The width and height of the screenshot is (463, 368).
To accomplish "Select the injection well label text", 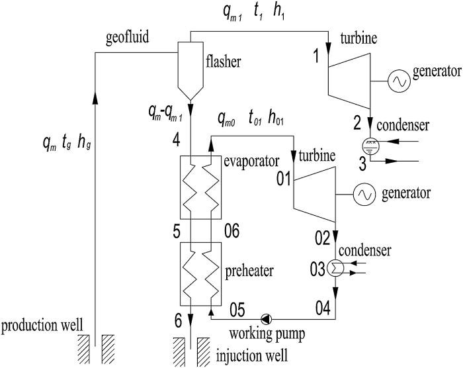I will (x=253, y=358).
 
